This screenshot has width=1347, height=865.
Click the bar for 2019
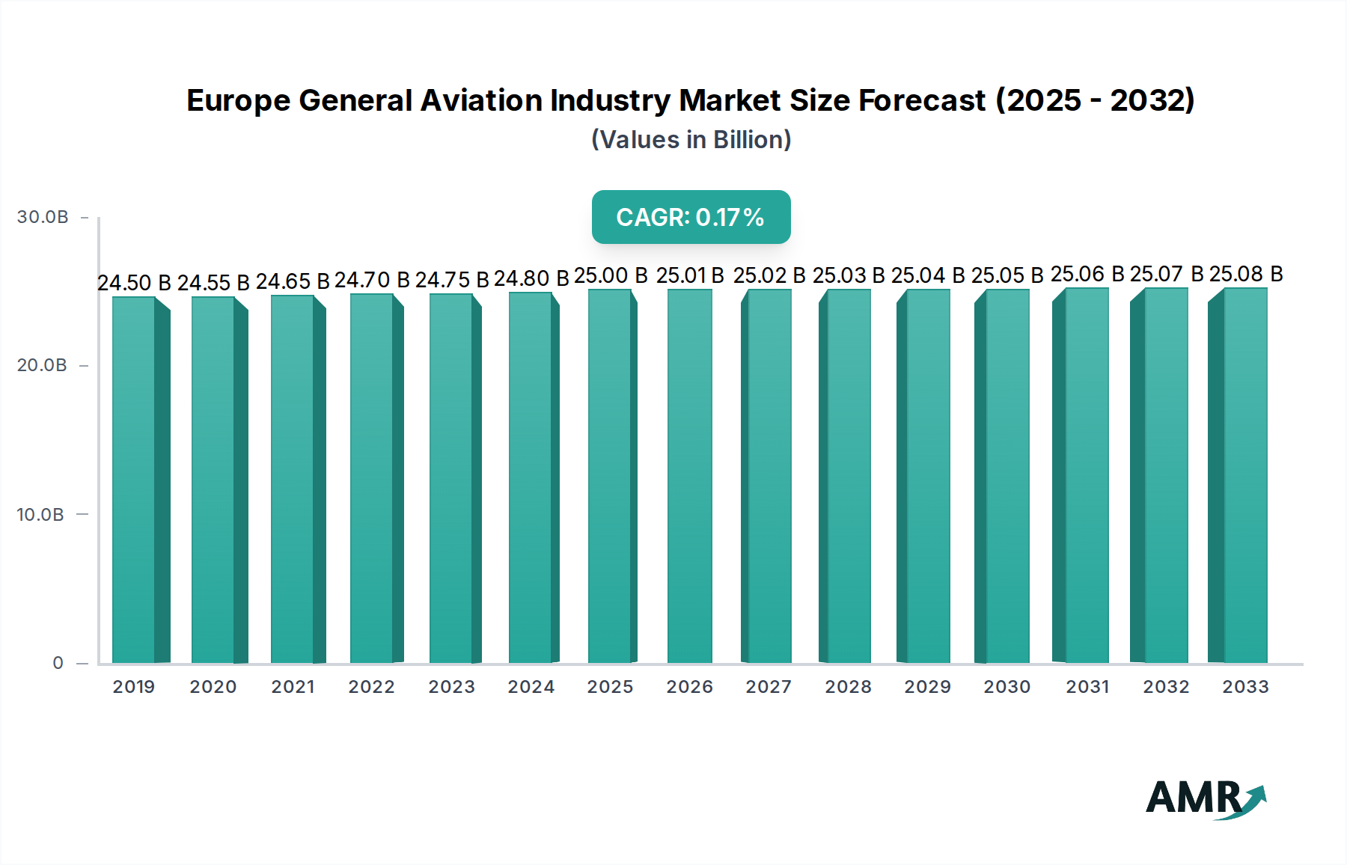coord(135,479)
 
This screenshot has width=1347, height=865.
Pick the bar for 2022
coord(373,479)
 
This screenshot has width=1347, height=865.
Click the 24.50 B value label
coord(134,283)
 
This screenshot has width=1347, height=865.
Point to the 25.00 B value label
coord(611,275)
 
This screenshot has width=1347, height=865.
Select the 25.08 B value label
coord(1246,274)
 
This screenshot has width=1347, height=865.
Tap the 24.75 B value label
coord(452,280)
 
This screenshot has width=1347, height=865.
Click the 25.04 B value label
coord(928,275)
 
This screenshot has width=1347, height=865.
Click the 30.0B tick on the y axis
coord(43,217)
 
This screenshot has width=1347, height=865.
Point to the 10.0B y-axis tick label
coord(40,515)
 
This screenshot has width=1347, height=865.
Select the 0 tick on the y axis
coord(58,663)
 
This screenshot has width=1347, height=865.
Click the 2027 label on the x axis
coord(769,687)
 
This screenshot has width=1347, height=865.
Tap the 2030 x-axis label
coord(1007,687)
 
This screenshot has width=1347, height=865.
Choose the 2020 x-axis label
coord(213,687)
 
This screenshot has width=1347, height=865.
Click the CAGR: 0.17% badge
coord(691,217)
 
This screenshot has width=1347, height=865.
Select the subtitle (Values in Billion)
coord(691,140)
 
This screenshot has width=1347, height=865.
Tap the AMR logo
coord(1205,798)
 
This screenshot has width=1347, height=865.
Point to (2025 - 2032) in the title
coord(1095,100)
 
